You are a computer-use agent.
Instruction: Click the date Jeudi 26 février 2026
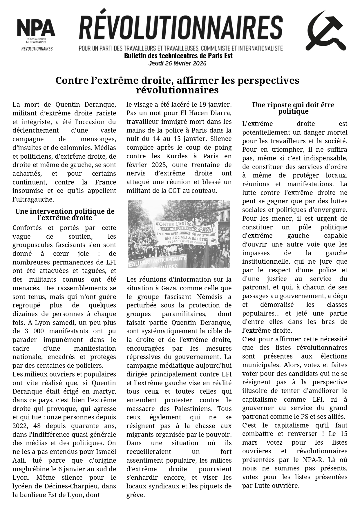pyautogui.click(x=177, y=63)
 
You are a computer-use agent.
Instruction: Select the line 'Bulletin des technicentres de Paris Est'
pyautogui.click(x=178, y=56)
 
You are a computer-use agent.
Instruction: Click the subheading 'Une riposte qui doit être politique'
pyautogui.click(x=293, y=108)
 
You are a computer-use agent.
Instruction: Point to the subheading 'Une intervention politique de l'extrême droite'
pyautogui.click(x=65, y=215)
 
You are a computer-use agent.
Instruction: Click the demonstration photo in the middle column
pyautogui.click(x=179, y=234)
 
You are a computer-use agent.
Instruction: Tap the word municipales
pyautogui.click(x=258, y=365)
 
